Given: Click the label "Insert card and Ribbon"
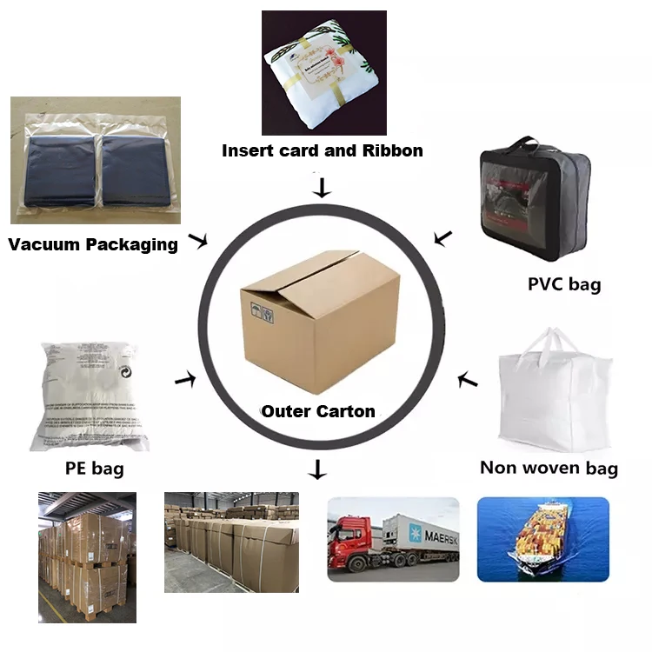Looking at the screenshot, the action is point(323,150).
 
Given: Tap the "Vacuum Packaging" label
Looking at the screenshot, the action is point(93,243).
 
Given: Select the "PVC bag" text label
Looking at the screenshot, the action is point(564,283).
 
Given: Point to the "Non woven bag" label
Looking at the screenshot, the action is point(549,468).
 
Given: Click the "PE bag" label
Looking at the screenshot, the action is point(95,469).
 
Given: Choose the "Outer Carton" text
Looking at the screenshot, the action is point(318,410).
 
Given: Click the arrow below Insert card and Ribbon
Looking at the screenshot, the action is point(323,187).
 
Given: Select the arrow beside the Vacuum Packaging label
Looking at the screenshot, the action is point(199,241).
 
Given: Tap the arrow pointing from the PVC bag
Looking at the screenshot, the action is point(443,236).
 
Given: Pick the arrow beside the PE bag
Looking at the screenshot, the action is point(184,379).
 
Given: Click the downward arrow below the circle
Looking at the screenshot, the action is point(318,470).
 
